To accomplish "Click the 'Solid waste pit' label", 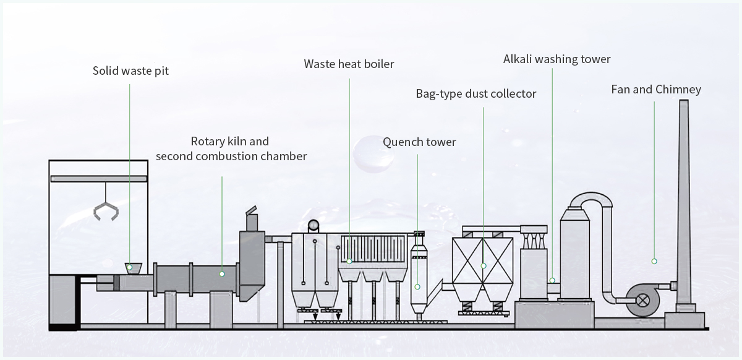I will pos(130,71).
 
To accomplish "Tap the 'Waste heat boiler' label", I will pos(349,64).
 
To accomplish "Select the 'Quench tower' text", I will pos(419,142).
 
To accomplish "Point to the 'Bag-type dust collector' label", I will pos(475,94).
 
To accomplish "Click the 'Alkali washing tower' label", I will pos(556,59).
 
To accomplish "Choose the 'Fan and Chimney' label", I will pos(655,89).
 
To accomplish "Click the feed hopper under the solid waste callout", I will pos(132,268).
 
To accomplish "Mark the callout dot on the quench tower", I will pos(418,286).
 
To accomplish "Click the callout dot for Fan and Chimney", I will pos(654,261).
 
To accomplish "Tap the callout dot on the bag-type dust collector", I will pos(484,265).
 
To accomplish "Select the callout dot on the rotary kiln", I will pos(222,272).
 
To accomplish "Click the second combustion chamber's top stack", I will pos(252,220).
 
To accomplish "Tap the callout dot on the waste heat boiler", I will pos(349,261).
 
